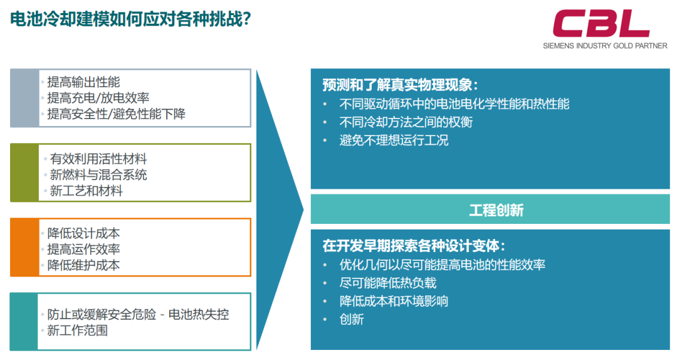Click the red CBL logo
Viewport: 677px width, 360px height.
click(601, 24)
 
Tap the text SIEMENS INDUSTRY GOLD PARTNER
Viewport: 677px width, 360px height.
click(605, 46)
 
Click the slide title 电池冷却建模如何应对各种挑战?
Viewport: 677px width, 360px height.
click(130, 19)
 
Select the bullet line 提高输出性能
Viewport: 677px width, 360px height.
click(83, 82)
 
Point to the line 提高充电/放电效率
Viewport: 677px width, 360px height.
click(98, 98)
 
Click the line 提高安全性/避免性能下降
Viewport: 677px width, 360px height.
click(116, 114)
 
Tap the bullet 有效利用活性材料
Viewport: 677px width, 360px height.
click(98, 159)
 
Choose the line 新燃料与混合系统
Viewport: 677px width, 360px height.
click(98, 174)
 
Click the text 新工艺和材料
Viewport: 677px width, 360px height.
click(87, 191)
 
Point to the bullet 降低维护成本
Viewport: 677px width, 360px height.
click(83, 265)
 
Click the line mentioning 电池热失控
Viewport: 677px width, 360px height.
click(138, 314)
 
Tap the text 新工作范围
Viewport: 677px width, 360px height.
click(77, 330)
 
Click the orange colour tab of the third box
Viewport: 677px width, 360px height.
click(24, 247)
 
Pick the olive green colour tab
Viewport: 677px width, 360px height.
click(24, 173)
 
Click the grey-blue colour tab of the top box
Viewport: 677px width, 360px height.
click(24, 98)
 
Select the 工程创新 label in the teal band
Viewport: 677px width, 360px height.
click(496, 210)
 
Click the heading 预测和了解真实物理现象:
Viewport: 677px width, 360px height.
click(400, 85)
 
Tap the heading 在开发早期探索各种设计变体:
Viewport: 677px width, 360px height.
click(414, 245)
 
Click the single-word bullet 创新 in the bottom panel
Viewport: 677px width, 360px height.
click(352, 319)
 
